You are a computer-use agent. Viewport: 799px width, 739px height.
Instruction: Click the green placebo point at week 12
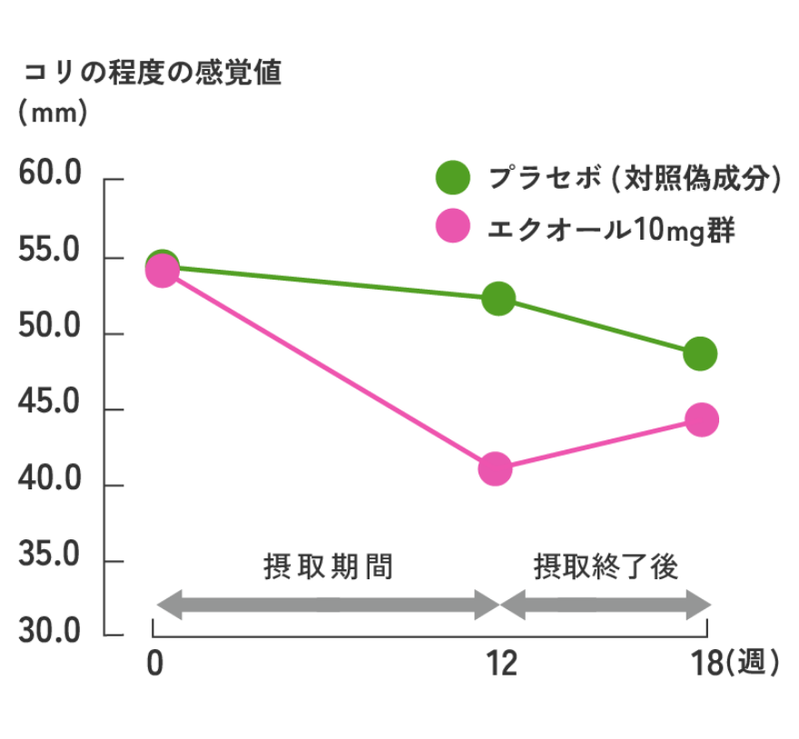[498, 298]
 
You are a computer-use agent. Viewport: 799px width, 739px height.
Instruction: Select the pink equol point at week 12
[495, 469]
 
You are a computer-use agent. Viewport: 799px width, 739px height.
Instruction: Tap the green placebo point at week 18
[700, 353]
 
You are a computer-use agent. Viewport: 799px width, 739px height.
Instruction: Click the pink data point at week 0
[162, 271]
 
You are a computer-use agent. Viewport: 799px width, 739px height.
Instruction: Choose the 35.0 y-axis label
[51, 557]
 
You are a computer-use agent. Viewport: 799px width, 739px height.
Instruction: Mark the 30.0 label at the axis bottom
[51, 633]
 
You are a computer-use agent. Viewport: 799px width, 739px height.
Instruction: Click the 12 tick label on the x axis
[499, 665]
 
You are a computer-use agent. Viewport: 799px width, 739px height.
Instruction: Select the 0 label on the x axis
[155, 665]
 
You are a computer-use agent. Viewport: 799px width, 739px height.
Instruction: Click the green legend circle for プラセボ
[453, 178]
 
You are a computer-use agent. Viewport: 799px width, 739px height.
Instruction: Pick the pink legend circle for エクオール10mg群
[453, 226]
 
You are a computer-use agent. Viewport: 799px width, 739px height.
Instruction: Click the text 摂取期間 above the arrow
[328, 567]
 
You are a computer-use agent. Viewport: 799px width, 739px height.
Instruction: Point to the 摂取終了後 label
[606, 567]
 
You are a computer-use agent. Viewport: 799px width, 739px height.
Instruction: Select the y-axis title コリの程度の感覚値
[153, 74]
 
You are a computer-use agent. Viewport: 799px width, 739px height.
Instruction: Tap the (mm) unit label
[52, 113]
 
